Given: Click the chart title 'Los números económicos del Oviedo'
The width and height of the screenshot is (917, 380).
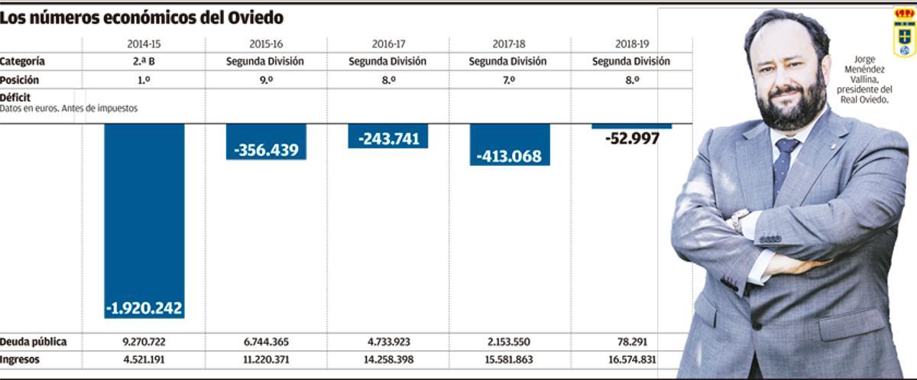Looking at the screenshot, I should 141,18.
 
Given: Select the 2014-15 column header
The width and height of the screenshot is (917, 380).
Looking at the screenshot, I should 144,44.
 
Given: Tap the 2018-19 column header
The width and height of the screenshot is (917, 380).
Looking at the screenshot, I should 631,44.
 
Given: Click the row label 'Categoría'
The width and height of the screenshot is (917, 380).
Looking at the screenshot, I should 23,61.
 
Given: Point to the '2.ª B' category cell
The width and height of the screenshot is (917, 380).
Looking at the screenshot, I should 144,61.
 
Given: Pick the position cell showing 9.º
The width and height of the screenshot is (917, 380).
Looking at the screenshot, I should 266,80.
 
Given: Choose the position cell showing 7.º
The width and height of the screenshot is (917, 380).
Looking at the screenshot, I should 510,80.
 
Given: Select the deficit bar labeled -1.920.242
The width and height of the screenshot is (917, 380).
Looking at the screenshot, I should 144,222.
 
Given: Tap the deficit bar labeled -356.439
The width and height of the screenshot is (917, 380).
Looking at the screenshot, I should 266,142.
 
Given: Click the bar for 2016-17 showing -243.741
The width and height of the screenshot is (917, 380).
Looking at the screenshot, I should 387,136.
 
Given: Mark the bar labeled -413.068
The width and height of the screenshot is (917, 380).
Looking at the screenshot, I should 510,145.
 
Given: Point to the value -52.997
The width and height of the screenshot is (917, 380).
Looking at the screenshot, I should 631,139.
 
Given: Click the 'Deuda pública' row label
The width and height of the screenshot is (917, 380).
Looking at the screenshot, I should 34,342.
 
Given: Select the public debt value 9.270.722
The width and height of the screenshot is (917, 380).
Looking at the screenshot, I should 144,342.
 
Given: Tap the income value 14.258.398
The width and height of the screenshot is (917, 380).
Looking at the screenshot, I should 387,360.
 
